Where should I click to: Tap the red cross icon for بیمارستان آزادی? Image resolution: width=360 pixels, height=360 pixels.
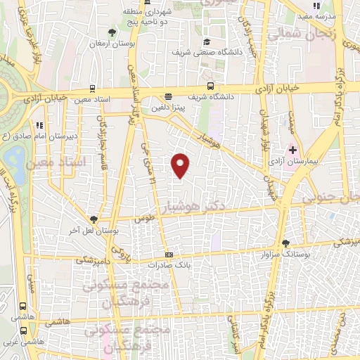(292, 150)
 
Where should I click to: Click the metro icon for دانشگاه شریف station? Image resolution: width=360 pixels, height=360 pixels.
(168, 97)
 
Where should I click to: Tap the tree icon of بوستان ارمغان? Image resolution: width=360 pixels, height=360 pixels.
(110, 32)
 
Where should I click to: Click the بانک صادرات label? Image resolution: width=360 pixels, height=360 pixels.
(169, 266)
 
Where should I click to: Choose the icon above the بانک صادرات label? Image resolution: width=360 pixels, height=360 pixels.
(169, 255)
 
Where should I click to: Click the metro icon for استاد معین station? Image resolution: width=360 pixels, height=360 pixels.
(92, 89)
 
